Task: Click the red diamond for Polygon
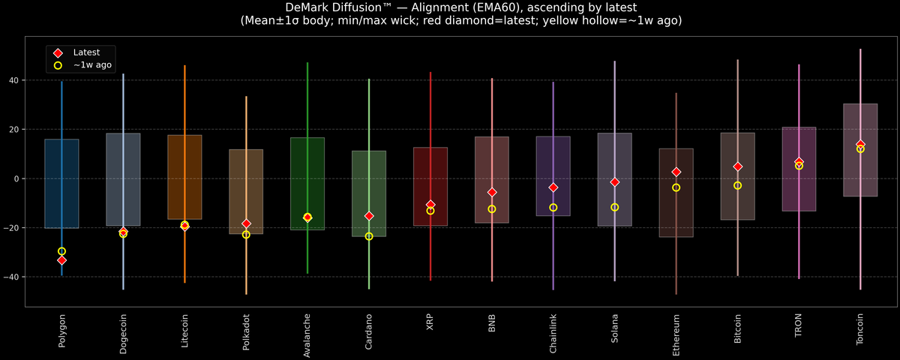(61, 260)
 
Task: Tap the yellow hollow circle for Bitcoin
(737, 185)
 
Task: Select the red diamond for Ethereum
(676, 172)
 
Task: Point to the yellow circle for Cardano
(369, 236)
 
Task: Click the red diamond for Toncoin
(860, 144)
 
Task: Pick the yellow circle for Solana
(614, 207)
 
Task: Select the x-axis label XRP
(430, 322)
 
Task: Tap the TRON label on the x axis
(799, 325)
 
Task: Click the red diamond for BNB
(492, 193)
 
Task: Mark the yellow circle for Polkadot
(246, 235)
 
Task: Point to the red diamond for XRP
(430, 205)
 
